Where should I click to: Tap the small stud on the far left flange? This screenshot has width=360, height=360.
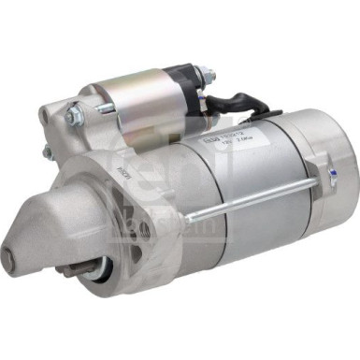click(47, 150)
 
